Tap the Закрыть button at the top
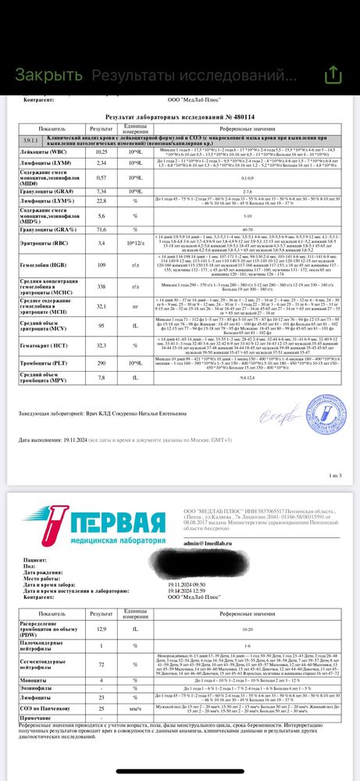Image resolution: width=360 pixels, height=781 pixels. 48,74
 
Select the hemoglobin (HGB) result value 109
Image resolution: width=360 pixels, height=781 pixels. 101,266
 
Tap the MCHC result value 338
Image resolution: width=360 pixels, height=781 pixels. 101,287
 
